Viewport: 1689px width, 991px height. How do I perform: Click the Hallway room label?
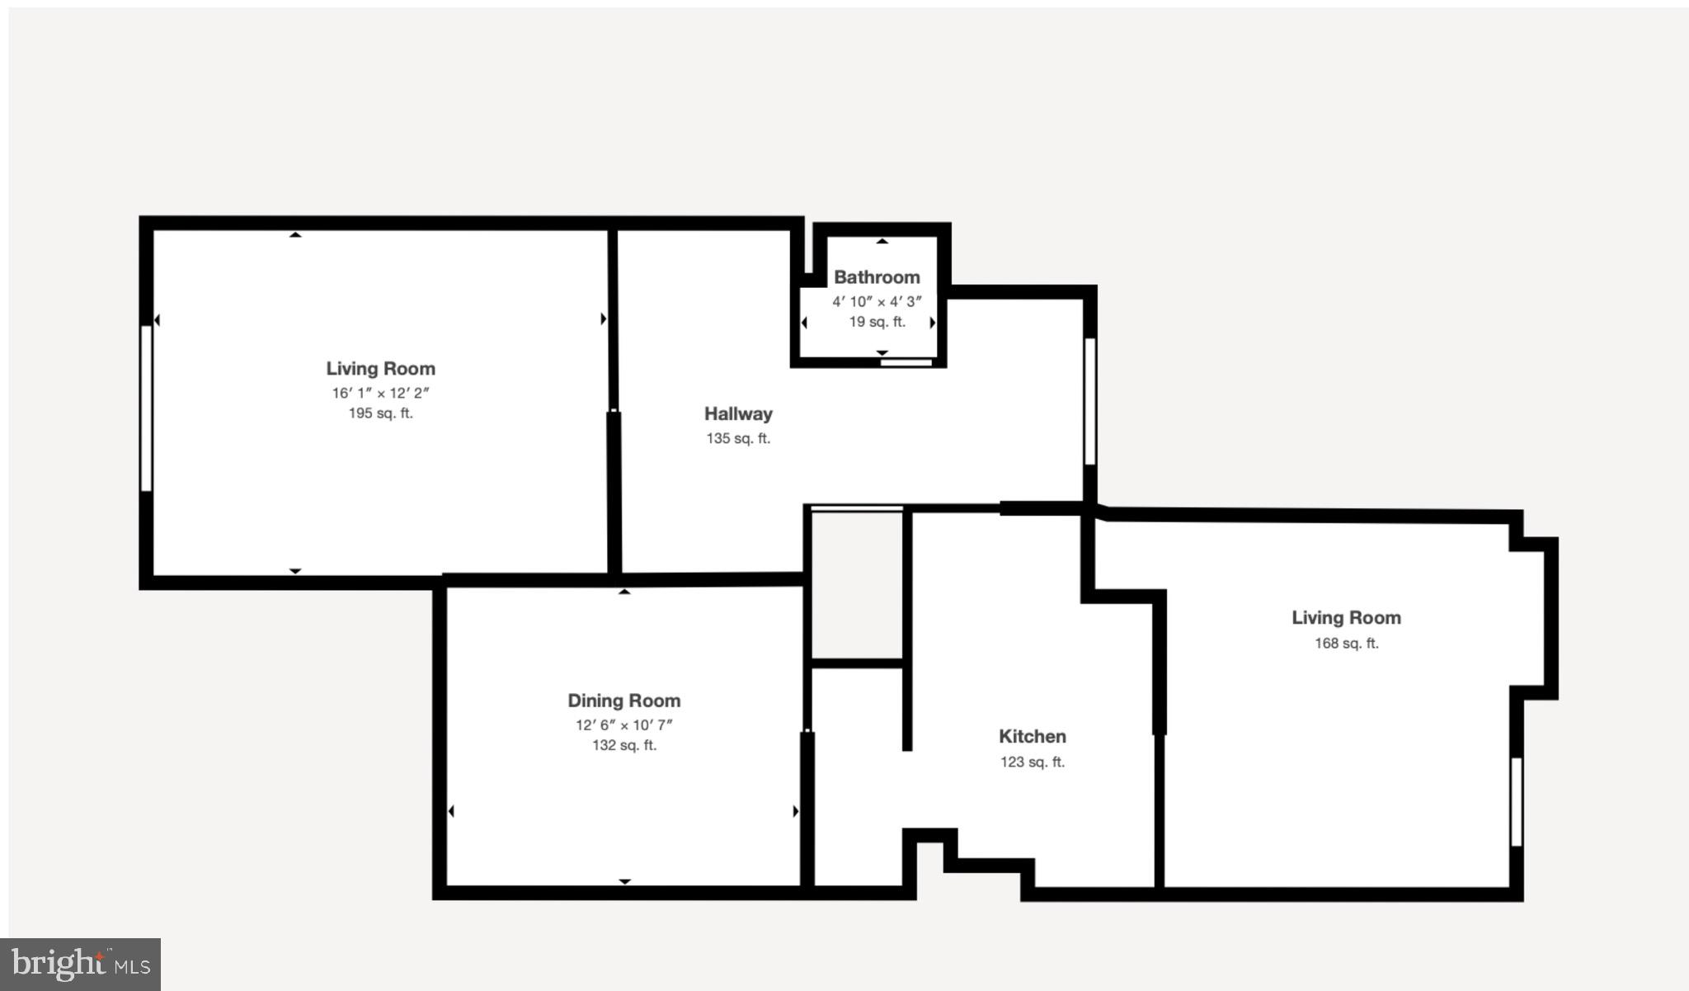[x=738, y=413]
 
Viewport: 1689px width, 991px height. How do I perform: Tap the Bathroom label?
[x=877, y=277]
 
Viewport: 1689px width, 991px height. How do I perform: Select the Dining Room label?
[x=623, y=701]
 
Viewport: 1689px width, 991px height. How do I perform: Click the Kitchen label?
[x=1032, y=736]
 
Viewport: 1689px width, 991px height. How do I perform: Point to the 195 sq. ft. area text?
[x=380, y=413]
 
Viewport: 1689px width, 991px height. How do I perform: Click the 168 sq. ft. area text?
[x=1346, y=643]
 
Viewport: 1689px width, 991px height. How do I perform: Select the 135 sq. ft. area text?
[x=738, y=438]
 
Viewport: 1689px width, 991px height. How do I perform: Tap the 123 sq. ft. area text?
[x=1032, y=762]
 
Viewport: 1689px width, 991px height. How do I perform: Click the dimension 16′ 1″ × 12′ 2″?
[x=380, y=393]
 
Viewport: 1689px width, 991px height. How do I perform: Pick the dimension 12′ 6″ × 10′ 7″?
[x=623, y=724]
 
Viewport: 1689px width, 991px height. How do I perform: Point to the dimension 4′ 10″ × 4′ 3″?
[x=877, y=301]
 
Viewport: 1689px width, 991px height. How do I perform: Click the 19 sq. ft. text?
[x=877, y=322]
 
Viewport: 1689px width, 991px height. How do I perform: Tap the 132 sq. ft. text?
[x=623, y=745]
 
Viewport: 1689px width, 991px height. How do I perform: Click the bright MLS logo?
[x=80, y=964]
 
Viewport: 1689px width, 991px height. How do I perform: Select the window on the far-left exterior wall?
[x=146, y=408]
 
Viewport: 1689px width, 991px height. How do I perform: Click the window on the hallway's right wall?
[x=1089, y=401]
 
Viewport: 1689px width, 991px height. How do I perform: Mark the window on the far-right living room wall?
[x=1516, y=801]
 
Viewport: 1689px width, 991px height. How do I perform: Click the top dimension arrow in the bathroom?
[x=882, y=241]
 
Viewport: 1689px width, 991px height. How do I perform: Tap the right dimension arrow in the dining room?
[x=795, y=811]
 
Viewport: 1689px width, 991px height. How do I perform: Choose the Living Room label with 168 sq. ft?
[x=1346, y=617]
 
